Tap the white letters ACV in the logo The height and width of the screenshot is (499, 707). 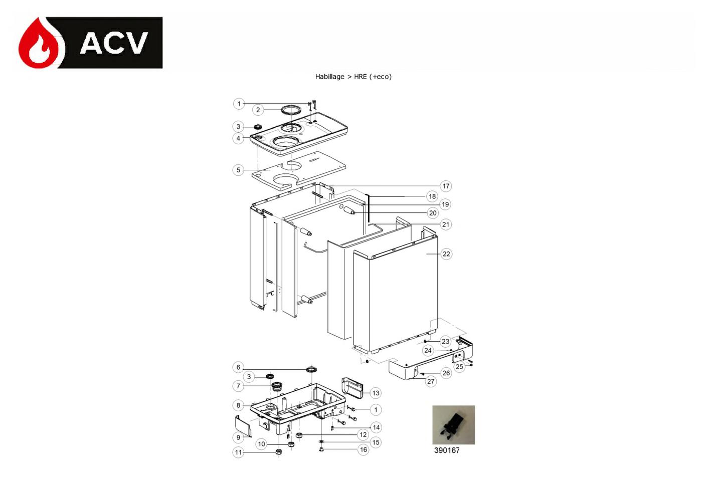point(114,43)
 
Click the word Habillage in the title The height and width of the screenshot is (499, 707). point(329,77)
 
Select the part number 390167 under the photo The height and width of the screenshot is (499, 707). point(447,450)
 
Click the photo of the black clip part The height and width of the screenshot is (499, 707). point(453,425)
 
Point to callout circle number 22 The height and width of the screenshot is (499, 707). point(446,254)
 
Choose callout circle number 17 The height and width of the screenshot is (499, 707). point(446,186)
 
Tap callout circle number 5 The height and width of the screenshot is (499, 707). point(238,170)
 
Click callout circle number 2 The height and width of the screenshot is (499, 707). point(258,110)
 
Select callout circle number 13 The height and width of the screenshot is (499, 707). point(375,393)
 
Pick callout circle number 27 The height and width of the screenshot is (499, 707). point(431,381)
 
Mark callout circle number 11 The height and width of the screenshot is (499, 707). point(238,452)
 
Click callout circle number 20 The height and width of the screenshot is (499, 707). point(433,213)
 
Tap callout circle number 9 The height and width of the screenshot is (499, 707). point(238,437)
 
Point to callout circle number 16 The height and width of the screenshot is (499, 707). point(364,449)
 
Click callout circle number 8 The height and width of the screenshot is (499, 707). point(238,405)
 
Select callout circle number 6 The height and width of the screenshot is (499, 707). point(238,367)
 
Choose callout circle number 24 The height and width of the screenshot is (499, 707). point(428,350)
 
